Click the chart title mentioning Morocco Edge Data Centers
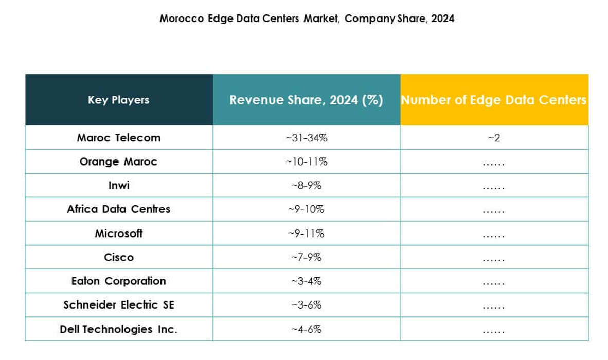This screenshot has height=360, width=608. click(307, 19)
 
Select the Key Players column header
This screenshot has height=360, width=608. click(118, 100)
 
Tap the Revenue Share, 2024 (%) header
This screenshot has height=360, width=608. click(306, 100)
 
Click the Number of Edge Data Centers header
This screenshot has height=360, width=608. click(494, 100)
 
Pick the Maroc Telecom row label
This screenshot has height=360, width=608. click(118, 138)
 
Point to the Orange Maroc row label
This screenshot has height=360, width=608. click(118, 161)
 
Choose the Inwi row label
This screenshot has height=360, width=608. click(118, 185)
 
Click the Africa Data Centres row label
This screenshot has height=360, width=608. click(118, 209)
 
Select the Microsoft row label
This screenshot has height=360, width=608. click(118, 233)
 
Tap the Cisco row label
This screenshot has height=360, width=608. click(118, 257)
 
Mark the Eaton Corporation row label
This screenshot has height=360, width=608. click(118, 281)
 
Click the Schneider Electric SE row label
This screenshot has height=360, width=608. click(118, 305)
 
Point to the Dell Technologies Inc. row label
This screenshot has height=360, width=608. click(118, 329)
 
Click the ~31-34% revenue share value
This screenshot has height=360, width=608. click(307, 138)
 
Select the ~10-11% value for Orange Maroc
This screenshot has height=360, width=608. click(307, 161)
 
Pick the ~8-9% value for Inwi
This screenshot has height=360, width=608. click(307, 185)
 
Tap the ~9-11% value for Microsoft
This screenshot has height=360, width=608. click(307, 233)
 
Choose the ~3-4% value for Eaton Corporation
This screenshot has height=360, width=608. click(307, 281)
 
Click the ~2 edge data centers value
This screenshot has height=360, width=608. click(494, 138)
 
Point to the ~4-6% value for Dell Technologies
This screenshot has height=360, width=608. click(307, 329)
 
